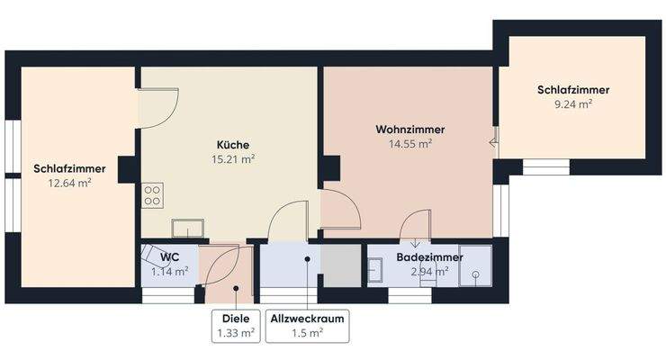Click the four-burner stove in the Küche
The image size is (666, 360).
pyautogui.click(x=151, y=195)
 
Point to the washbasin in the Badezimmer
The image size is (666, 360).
pyautogui.click(x=373, y=267)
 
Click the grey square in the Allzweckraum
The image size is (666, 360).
pyautogui.click(x=340, y=264)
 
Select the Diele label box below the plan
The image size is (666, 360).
pyautogui.click(x=236, y=326)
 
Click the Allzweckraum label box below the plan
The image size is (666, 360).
pyautogui.click(x=307, y=326)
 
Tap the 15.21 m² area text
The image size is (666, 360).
pyautogui.click(x=232, y=159)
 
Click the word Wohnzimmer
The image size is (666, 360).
pyautogui.click(x=409, y=130)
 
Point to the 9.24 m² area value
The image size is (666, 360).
pyautogui.click(x=573, y=104)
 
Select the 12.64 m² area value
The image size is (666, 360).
pyautogui.click(x=69, y=183)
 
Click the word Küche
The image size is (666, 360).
pyautogui.click(x=232, y=145)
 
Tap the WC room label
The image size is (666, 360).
pyautogui.click(x=169, y=256)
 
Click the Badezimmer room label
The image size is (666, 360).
pyautogui.click(x=429, y=257)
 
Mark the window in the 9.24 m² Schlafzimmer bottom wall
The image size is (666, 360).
pyautogui.click(x=546, y=167)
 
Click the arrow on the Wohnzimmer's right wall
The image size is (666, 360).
pyautogui.click(x=493, y=140)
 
